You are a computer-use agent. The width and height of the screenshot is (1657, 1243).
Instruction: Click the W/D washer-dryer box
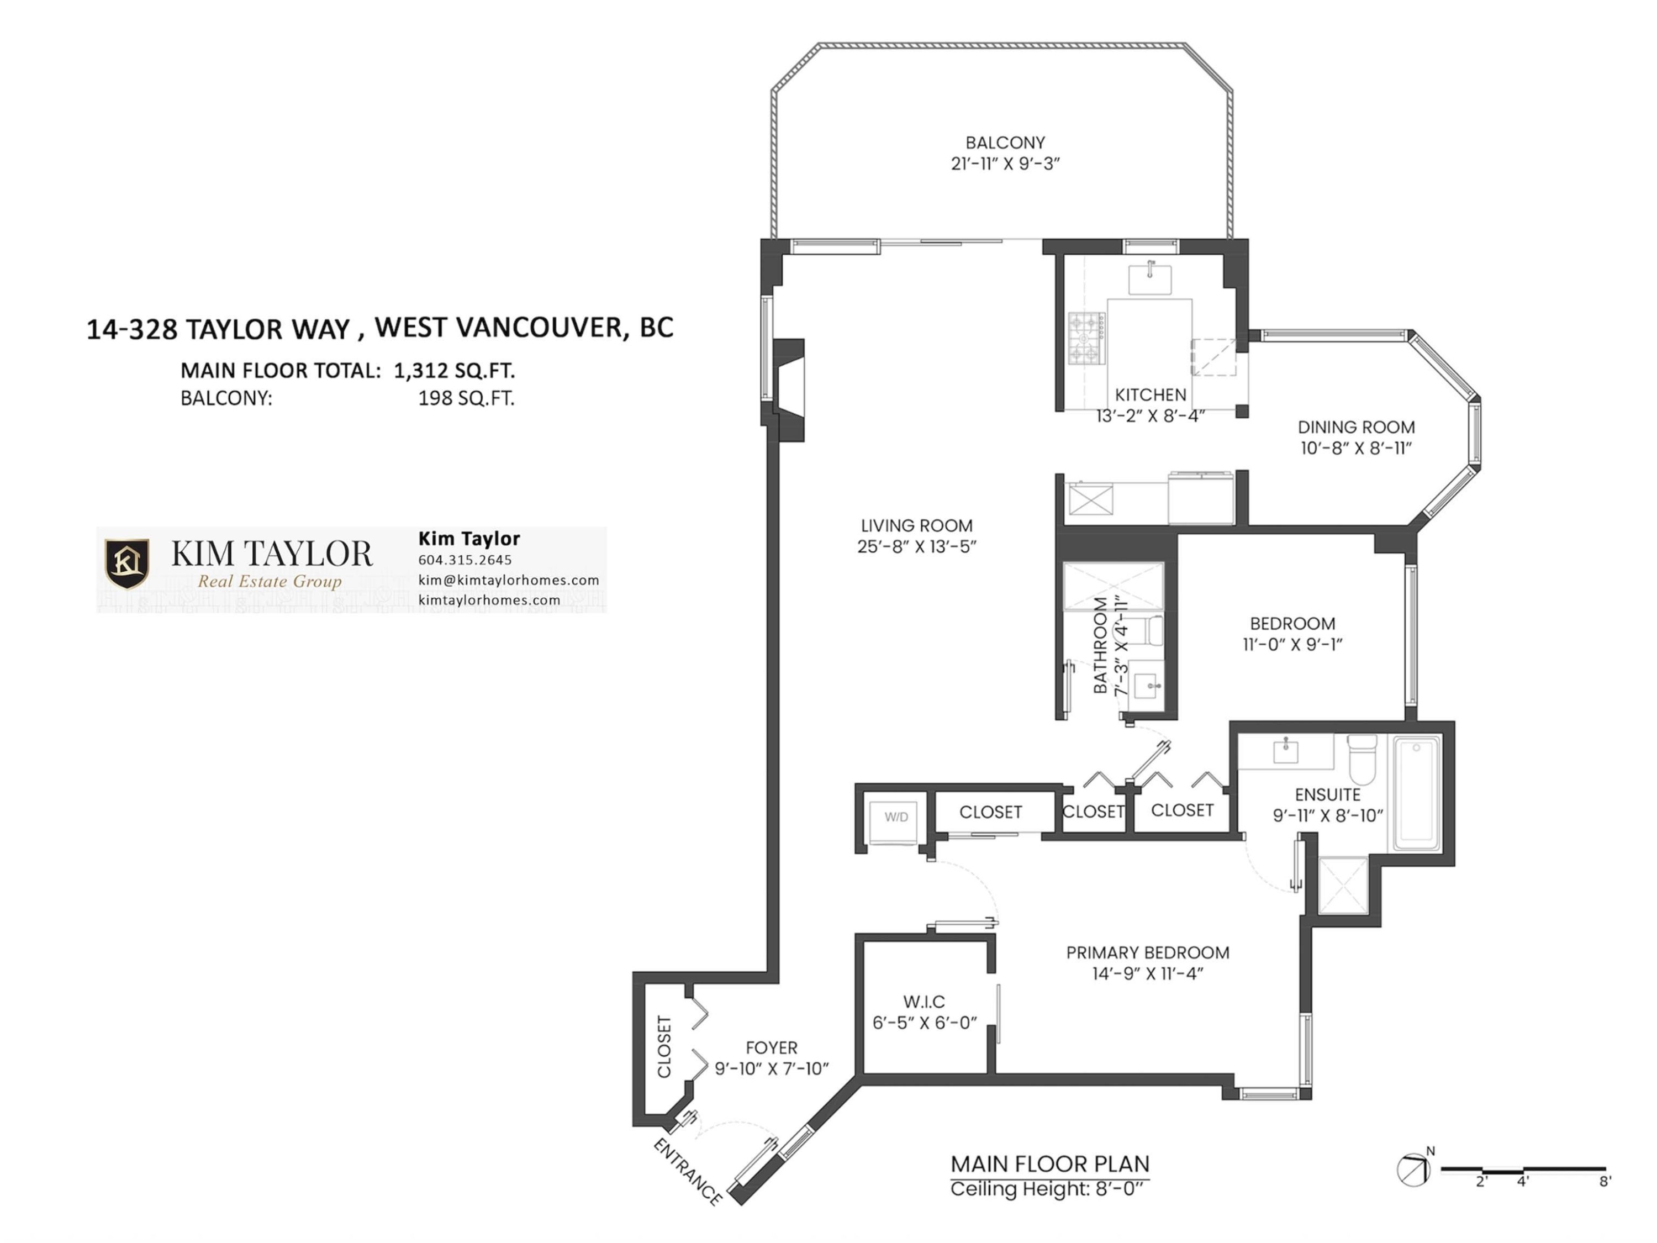coord(896,822)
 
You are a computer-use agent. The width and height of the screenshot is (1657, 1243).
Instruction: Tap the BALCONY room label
coord(1005,143)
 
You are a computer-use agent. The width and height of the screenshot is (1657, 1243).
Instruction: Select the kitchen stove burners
coord(1086,338)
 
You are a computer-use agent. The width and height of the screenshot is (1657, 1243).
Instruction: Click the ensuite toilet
coord(1363,759)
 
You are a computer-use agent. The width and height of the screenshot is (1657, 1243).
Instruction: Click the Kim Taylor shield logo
coord(126,563)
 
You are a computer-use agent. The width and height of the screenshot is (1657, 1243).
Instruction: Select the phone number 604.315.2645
coord(465,560)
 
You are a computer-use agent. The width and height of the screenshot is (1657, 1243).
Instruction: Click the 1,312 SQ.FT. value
coord(455,370)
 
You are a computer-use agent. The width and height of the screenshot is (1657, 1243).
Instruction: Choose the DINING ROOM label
coord(1357,427)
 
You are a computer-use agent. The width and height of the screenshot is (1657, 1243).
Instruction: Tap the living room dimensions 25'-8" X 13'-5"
coord(917,547)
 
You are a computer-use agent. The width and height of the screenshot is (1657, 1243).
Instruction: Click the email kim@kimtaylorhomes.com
coord(509,580)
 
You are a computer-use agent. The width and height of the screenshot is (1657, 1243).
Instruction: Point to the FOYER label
coord(772,1047)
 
